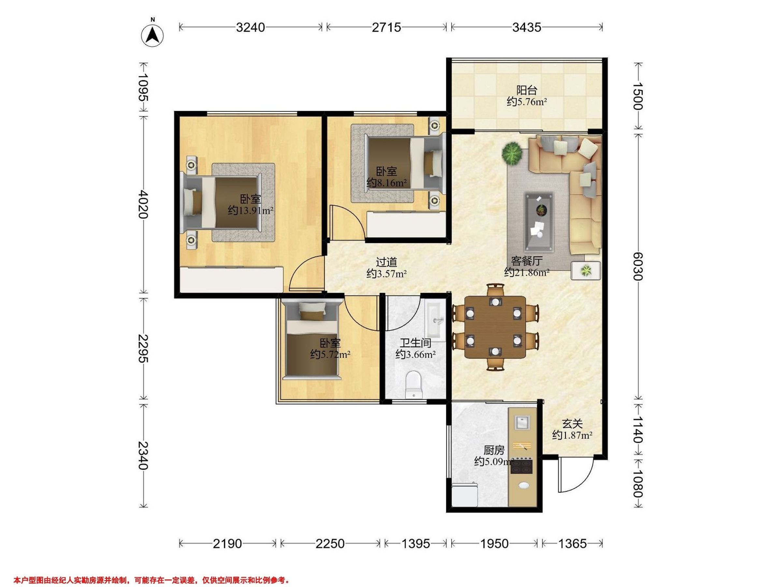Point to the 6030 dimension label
(638, 266)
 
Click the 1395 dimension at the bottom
(416, 544)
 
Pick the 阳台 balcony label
(527, 90)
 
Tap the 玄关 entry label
(572, 424)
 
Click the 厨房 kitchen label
(494, 450)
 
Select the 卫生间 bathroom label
(415, 342)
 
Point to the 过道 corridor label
(386, 262)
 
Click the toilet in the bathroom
(413, 384)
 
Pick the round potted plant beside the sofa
(512, 153)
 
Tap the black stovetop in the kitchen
(521, 466)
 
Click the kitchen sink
(522, 422)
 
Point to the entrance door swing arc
(581, 484)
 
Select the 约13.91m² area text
(251, 211)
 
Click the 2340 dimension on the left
(143, 455)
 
